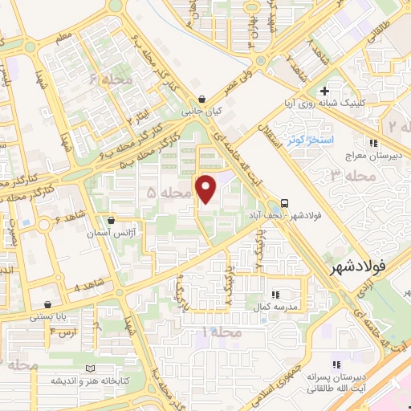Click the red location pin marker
(x=207, y=189)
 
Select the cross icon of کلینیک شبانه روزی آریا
(x=324, y=92)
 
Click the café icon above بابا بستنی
(x=51, y=304)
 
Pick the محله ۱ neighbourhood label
(x=222, y=331)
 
